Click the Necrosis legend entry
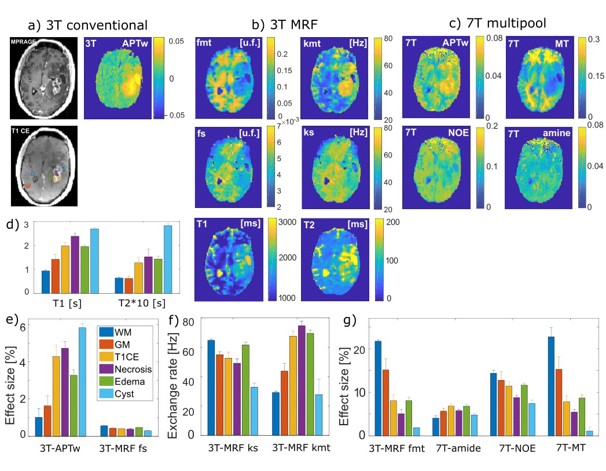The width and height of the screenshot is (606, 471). [x=134, y=369]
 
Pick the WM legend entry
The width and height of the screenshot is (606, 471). [x=123, y=331]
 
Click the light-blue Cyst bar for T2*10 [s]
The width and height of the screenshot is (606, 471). [x=168, y=259]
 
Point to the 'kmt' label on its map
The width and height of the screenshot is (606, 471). [x=313, y=42]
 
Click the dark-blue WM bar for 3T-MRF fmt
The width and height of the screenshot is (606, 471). [x=378, y=388]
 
